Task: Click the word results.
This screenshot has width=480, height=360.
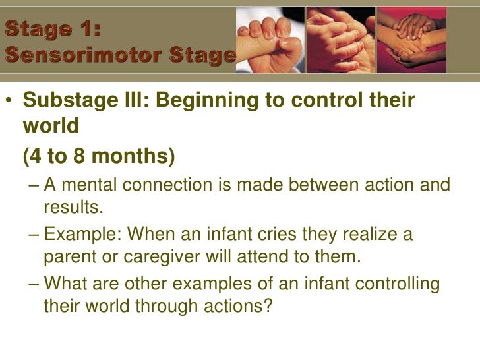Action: click(74, 208)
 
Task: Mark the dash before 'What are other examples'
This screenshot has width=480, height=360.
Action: click(34, 284)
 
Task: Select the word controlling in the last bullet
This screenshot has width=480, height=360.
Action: click(398, 284)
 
